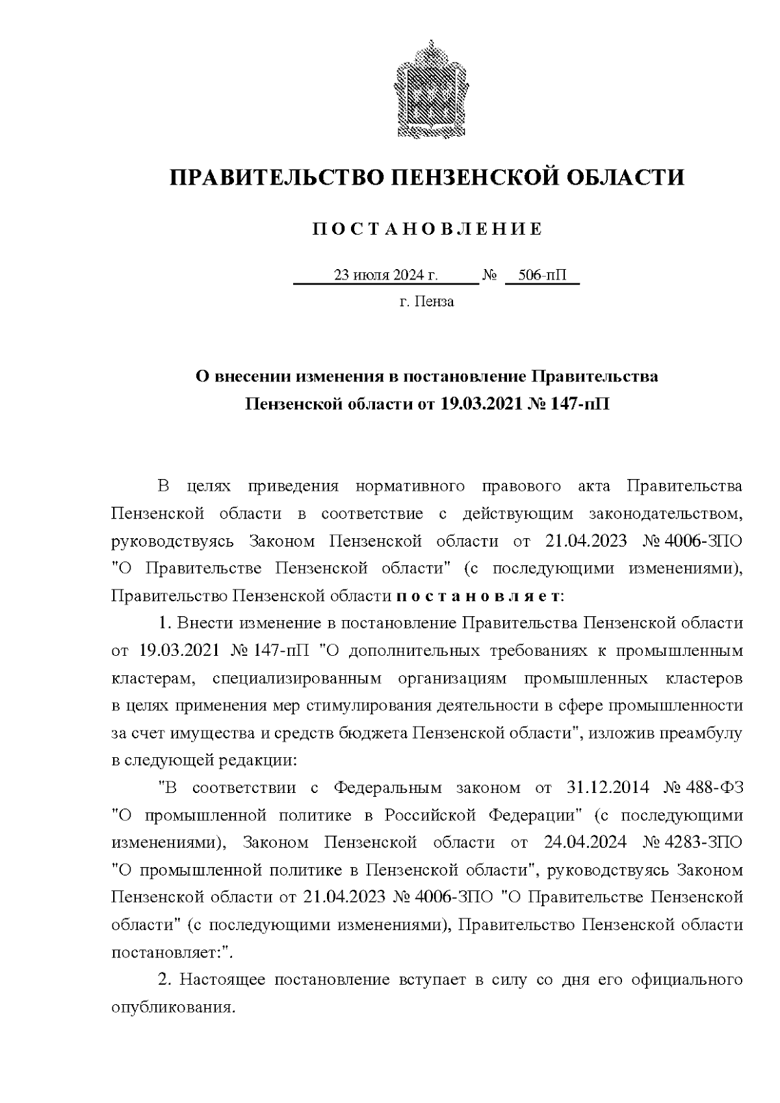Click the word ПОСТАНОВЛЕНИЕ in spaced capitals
click(427, 229)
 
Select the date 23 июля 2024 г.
click(385, 275)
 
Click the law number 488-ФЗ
click(716, 788)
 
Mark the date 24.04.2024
click(584, 843)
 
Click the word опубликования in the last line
click(172, 1007)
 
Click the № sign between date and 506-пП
click(489, 275)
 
